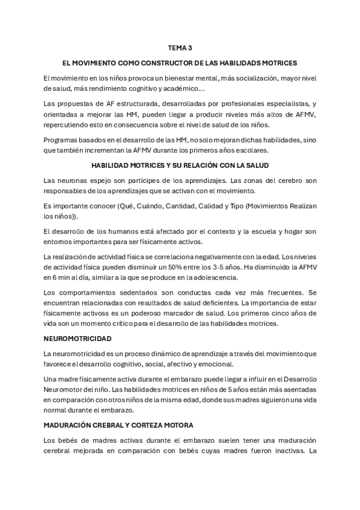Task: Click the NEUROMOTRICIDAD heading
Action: [78, 339]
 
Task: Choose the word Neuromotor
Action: [64, 390]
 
